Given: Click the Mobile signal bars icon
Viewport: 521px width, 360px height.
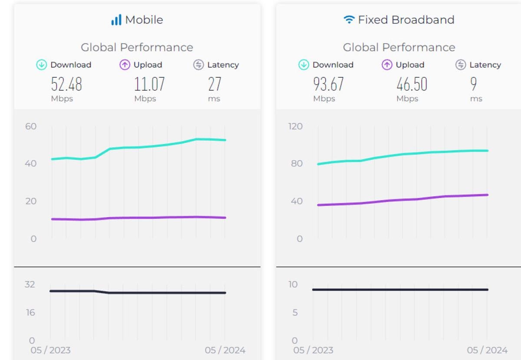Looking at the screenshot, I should click(x=116, y=20).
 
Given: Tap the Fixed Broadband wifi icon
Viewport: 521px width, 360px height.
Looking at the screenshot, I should click(x=349, y=20).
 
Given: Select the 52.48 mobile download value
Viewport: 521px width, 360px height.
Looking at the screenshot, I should click(x=66, y=84).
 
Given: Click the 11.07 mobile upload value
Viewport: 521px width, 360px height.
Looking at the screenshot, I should click(x=149, y=84).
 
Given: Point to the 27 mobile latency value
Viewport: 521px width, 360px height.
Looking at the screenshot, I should click(x=214, y=84).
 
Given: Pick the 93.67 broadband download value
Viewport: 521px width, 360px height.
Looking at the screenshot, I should click(x=328, y=84).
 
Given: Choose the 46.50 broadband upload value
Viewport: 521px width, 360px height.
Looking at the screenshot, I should click(x=412, y=84).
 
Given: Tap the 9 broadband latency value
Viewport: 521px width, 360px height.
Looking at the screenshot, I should click(x=473, y=84).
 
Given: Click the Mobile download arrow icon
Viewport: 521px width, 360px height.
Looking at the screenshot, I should click(x=41, y=65).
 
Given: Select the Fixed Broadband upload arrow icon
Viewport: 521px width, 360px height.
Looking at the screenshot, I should click(x=387, y=65).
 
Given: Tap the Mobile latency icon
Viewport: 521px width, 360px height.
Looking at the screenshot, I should click(x=198, y=65).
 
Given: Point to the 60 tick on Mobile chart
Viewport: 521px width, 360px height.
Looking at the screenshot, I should click(x=31, y=126).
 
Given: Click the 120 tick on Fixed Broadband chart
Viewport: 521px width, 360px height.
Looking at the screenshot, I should click(x=295, y=126).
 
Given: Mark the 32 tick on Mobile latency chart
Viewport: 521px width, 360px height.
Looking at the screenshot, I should click(x=30, y=284).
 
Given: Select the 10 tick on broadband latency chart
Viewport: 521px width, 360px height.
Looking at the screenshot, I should click(x=293, y=284).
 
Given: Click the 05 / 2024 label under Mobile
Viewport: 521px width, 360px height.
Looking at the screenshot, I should click(x=225, y=350).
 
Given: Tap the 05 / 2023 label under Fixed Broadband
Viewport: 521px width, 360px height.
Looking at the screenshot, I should click(x=313, y=350).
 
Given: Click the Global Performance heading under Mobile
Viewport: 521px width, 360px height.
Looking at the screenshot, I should click(x=137, y=47).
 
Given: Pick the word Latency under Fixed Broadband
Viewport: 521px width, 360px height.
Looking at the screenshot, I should click(x=485, y=65).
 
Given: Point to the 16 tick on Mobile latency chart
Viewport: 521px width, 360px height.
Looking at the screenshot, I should click(x=30, y=312).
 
